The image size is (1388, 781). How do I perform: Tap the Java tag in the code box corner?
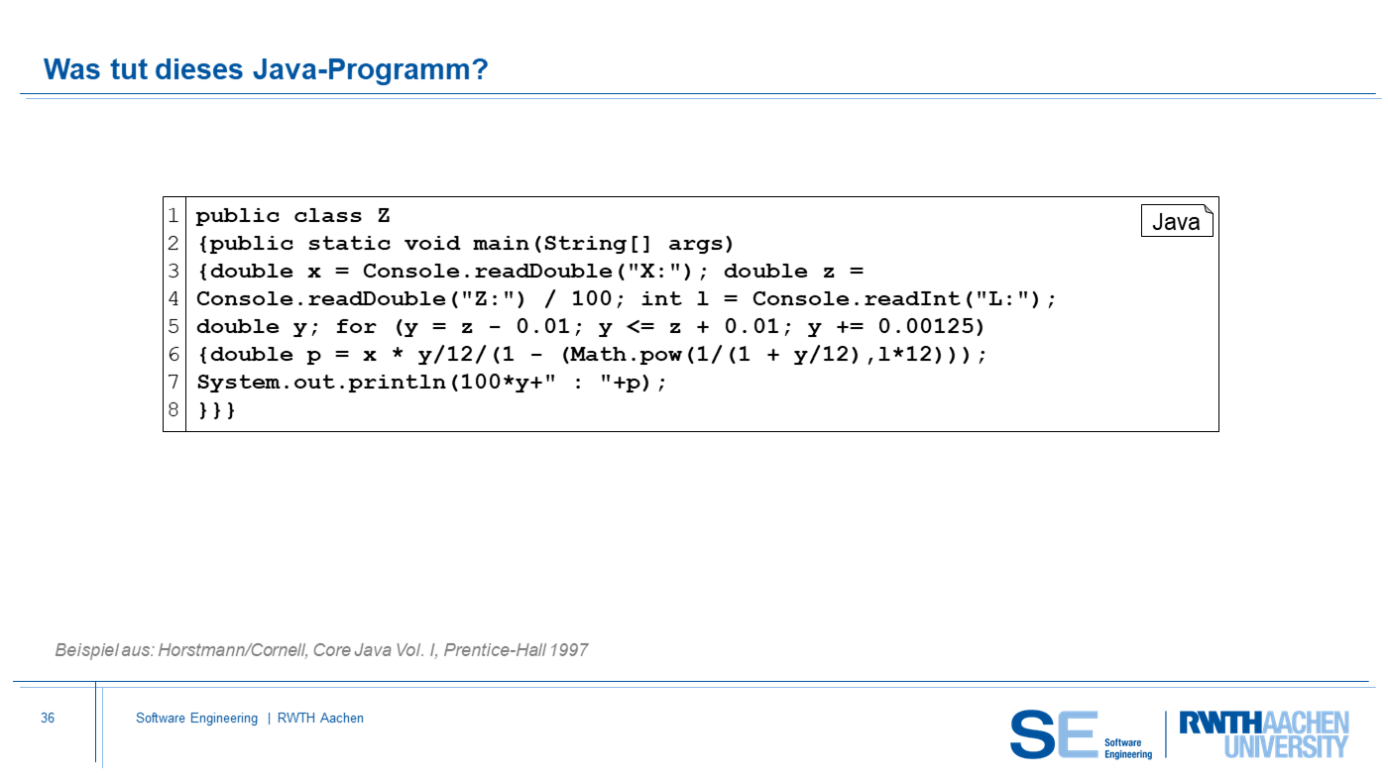point(1177,221)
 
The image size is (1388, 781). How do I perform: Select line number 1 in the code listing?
point(173,215)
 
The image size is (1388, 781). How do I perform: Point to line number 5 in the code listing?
point(173,326)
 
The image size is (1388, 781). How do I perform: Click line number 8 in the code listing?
point(173,409)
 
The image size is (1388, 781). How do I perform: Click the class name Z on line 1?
point(384,215)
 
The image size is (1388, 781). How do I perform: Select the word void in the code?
point(432,244)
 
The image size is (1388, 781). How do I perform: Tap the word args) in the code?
point(701,244)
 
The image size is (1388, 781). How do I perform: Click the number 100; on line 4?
point(597,299)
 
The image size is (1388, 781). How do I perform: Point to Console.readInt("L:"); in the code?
point(904,299)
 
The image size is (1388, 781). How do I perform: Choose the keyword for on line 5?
point(356,326)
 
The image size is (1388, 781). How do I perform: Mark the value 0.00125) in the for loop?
point(931,326)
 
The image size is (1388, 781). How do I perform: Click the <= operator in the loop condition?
point(639,326)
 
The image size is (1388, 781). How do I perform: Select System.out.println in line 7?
point(321,383)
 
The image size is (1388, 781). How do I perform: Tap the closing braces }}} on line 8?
point(216,410)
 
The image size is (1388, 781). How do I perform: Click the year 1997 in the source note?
point(568,650)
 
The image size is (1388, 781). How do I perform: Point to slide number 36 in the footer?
point(48,718)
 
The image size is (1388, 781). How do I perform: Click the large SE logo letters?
point(1054,734)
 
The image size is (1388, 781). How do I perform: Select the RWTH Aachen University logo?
point(1264,734)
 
